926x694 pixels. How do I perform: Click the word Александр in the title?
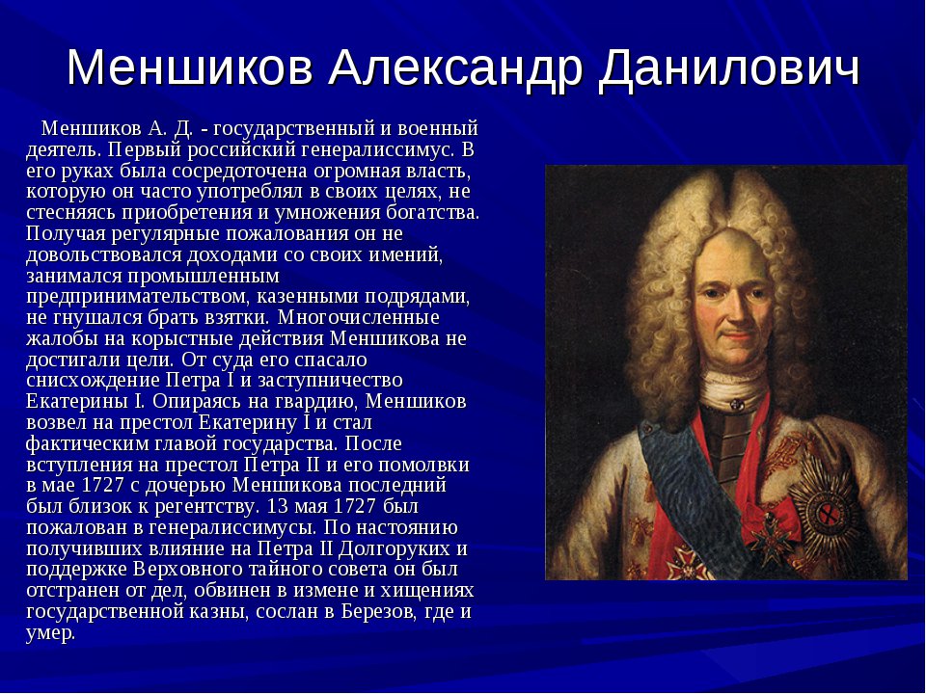pyautogui.click(x=455, y=68)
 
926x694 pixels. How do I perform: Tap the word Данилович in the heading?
pyautogui.click(x=729, y=68)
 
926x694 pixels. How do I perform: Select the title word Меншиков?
pyautogui.click(x=190, y=67)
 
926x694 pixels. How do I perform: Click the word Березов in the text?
pyautogui.click(x=379, y=611)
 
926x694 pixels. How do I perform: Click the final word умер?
pyautogui.click(x=51, y=633)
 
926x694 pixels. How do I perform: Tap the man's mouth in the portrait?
pyautogui.click(x=735, y=337)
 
